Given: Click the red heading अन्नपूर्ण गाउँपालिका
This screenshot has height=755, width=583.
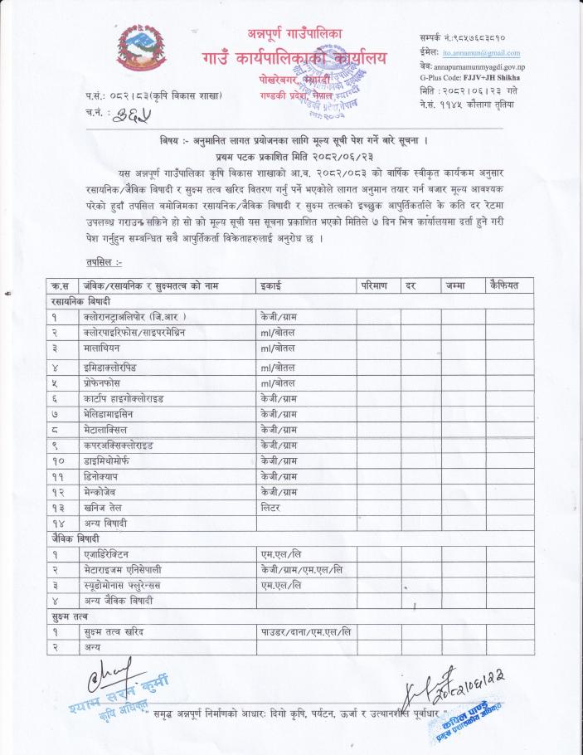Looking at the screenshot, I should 294,33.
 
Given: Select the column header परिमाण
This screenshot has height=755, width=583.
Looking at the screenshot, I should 375,286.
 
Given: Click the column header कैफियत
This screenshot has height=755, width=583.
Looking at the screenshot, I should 506,286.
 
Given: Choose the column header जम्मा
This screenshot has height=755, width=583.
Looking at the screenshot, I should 456,286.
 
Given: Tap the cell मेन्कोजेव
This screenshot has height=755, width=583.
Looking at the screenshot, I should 105,491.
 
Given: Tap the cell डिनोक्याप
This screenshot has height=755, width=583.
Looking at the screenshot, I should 104,475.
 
